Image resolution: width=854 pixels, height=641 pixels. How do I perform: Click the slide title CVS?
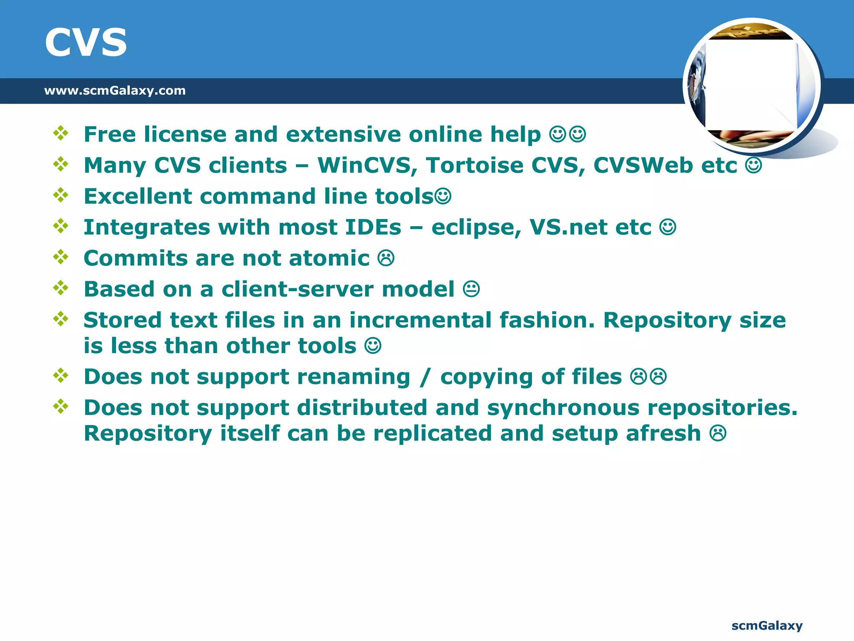85,43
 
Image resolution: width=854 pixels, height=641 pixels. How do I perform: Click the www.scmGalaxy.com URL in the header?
115,91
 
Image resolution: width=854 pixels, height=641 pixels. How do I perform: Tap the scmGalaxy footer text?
767,626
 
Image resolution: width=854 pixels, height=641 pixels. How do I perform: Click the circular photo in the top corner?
751,86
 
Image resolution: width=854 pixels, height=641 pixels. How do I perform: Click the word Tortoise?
475,165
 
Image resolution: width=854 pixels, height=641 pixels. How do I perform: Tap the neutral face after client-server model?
471,289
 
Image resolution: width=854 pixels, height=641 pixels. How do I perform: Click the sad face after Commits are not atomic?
386,258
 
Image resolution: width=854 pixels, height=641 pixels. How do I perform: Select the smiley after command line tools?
443,196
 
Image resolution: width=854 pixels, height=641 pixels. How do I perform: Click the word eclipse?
476,228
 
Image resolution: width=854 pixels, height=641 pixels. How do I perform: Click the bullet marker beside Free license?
61,133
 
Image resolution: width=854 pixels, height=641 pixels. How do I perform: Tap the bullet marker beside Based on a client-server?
61,288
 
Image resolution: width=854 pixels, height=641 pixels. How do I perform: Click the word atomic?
329,258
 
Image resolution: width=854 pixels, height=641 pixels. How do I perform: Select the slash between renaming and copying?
425,377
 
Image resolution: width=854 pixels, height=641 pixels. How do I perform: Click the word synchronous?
563,408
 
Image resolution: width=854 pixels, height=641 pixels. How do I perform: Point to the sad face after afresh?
718,434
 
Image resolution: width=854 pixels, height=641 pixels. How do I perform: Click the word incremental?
420,320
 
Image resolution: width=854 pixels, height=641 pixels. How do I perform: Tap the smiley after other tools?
373,346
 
